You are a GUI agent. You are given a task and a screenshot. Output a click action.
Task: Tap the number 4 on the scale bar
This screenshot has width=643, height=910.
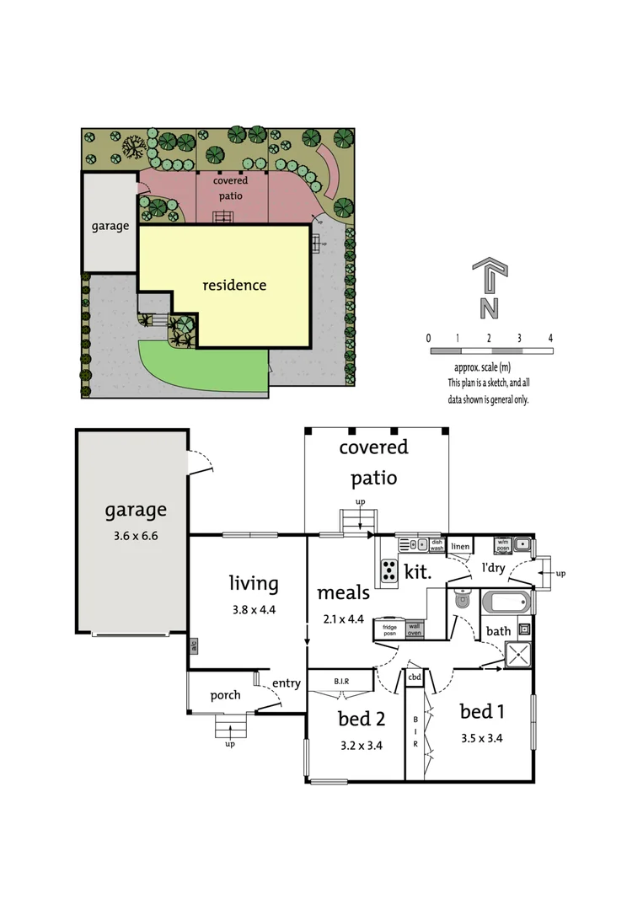click(550, 338)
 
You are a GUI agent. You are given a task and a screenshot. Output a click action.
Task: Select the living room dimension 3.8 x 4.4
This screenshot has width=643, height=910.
click(254, 610)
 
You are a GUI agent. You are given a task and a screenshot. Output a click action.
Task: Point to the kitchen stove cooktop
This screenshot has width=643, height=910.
click(389, 571)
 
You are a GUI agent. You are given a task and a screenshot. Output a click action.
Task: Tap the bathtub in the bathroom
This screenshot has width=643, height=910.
click(506, 602)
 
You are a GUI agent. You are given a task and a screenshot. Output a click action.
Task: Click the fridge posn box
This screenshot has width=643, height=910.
click(390, 629)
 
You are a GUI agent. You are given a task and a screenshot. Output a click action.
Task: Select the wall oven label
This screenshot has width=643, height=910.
click(415, 629)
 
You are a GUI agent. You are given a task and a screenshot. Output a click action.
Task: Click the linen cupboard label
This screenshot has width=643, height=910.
click(459, 547)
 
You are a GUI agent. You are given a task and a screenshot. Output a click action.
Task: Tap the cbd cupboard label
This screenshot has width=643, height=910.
click(415, 677)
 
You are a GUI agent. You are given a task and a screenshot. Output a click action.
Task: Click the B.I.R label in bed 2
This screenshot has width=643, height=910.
click(341, 680)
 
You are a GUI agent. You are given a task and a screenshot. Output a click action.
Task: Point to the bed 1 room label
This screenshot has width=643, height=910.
click(482, 712)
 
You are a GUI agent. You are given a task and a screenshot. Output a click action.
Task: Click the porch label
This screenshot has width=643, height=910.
click(225, 695)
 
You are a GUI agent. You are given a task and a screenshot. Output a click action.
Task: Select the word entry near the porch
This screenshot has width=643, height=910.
click(287, 683)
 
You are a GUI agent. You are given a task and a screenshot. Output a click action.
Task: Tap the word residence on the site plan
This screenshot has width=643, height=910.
click(234, 285)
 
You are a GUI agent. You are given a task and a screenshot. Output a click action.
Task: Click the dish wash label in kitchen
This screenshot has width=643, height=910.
click(437, 545)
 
